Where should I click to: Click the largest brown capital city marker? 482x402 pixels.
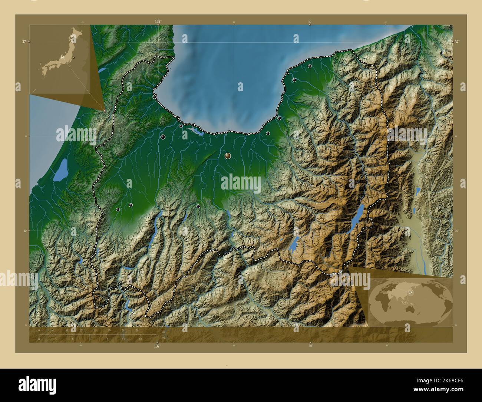click(x=228, y=156)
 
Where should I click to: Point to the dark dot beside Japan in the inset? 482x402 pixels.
click(x=74, y=58)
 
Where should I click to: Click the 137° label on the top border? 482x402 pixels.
click(x=158, y=22)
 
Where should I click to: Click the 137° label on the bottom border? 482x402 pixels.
click(x=157, y=346)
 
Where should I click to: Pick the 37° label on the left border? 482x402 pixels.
click(x=24, y=42)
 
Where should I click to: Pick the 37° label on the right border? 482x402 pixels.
click(x=457, y=42)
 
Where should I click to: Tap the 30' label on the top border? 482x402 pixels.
click(x=310, y=22)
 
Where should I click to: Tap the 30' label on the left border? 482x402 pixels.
click(x=24, y=230)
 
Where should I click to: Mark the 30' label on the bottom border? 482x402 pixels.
click(x=310, y=346)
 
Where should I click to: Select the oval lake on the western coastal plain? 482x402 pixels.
click(x=60, y=170)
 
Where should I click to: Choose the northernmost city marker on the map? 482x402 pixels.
click(x=296, y=36)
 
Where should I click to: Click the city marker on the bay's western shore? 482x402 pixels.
click(x=154, y=97)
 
